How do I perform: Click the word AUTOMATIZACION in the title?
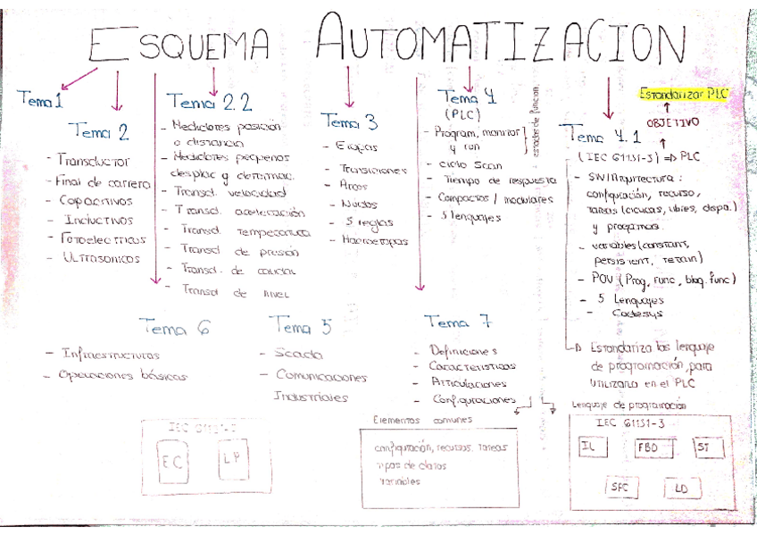pyautogui.click(x=500, y=41)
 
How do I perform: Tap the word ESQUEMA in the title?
pyautogui.click(x=178, y=41)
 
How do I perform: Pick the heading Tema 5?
pyautogui.click(x=300, y=325)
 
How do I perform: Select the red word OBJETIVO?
pyautogui.click(x=673, y=121)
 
